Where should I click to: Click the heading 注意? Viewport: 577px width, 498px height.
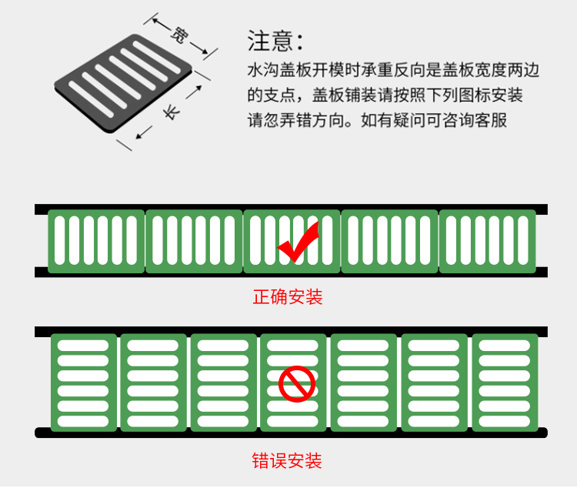275,41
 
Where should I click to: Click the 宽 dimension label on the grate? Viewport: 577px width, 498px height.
180,35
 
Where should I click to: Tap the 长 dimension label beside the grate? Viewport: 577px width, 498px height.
172,112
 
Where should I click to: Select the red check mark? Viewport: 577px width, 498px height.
298,242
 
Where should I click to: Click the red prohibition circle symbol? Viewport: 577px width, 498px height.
297,384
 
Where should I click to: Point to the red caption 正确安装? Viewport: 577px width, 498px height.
288,296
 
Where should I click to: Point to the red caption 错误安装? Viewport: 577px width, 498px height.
287,460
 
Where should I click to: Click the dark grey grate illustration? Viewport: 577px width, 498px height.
123,83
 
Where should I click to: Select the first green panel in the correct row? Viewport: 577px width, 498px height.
96,242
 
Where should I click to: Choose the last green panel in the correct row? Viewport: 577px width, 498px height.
488,242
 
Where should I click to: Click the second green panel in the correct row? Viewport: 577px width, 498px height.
194,242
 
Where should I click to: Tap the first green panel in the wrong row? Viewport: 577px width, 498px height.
84,383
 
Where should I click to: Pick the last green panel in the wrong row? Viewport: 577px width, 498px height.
505,383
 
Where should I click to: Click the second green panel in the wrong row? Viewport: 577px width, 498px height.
153,383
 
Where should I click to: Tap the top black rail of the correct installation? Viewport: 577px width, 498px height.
291,208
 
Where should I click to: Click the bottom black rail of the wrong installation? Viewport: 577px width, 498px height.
291,433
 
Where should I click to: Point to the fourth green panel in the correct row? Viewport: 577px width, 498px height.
390,242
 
